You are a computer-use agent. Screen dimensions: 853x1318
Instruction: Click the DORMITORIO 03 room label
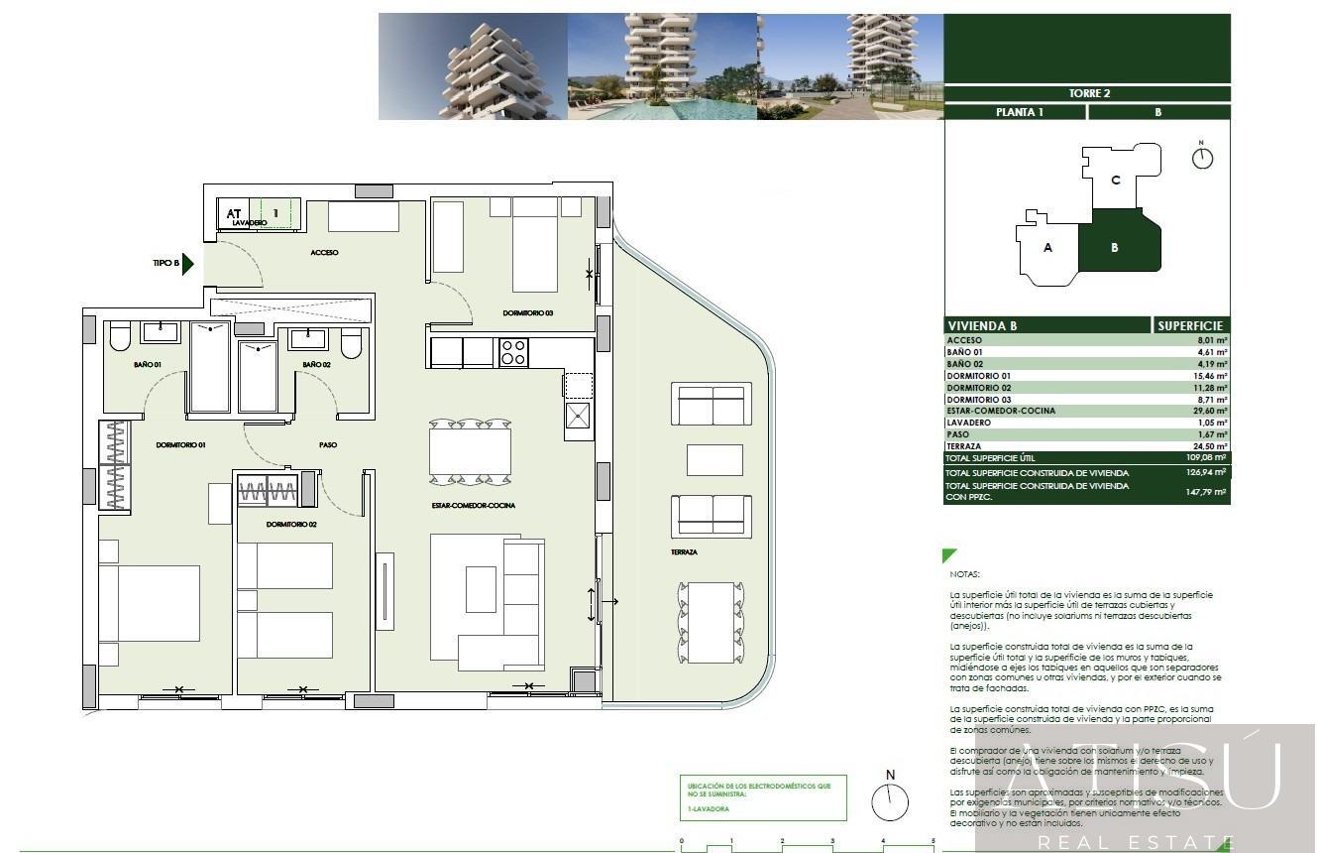pyautogui.click(x=527, y=313)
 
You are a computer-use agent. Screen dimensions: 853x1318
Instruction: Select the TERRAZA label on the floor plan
pyautogui.click(x=684, y=551)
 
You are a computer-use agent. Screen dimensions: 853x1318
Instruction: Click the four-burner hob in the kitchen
pyautogui.click(x=513, y=352)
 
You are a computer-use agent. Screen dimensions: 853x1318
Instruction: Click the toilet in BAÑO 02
pyautogui.click(x=351, y=343)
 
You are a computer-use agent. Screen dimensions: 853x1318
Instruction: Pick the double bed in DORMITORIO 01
pyautogui.click(x=149, y=603)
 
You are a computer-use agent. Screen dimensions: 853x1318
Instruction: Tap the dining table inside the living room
pyautogui.click(x=470, y=452)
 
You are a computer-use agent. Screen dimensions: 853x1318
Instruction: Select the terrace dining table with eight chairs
pyautogui.click(x=710, y=622)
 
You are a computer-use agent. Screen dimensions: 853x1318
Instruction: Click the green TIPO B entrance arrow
pyautogui.click(x=188, y=264)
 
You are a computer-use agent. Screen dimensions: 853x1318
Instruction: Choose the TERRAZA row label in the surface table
pyautogui.click(x=964, y=446)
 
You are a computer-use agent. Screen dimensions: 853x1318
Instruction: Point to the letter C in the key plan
pyautogui.click(x=1115, y=180)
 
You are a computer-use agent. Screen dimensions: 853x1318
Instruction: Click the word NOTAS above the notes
pyautogui.click(x=963, y=574)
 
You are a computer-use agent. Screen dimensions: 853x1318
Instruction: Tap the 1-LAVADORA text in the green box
pyautogui.click(x=708, y=809)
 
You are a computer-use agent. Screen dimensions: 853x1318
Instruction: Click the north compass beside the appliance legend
pyautogui.click(x=890, y=799)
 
